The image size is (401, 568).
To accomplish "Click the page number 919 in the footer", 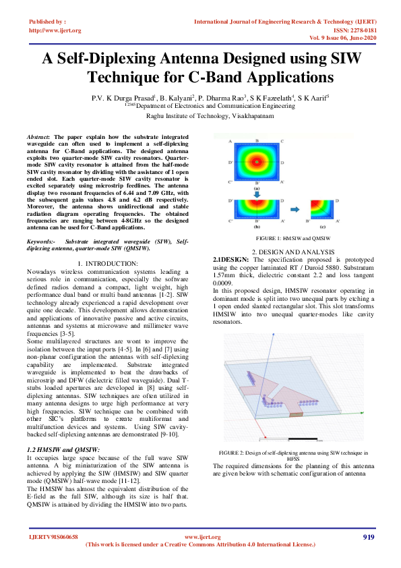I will (368, 537).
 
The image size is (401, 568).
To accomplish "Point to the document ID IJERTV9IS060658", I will (54, 537).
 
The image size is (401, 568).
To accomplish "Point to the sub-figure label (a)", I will (257, 187).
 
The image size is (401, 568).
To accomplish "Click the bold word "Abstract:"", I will (38, 137).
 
